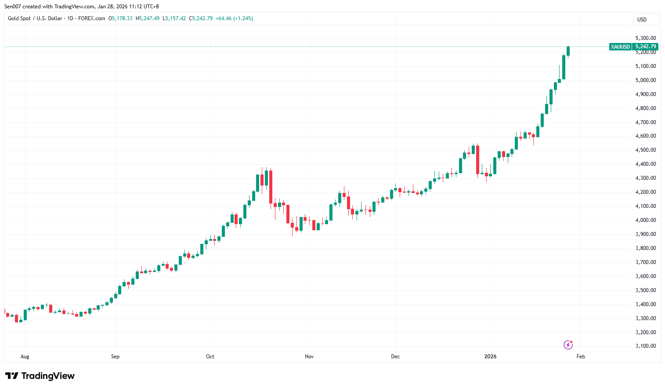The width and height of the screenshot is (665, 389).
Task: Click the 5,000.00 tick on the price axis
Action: click(645, 80)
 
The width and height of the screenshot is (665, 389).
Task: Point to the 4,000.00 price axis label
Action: click(645, 220)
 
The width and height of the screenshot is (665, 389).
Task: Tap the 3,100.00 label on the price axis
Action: click(645, 346)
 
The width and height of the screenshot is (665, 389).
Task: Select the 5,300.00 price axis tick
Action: click(645, 38)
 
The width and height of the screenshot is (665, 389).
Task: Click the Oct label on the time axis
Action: click(210, 357)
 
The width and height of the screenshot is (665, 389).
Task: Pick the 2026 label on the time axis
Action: click(490, 357)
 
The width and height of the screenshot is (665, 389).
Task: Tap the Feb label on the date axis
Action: click(581, 357)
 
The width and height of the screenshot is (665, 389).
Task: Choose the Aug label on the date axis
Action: click(25, 357)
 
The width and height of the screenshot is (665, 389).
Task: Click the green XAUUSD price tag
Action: click(620, 46)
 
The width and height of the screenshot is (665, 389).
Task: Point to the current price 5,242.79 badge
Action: click(646, 46)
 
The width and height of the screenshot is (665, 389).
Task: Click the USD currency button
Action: click(642, 19)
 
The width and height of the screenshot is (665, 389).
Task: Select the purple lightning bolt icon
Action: click(568, 345)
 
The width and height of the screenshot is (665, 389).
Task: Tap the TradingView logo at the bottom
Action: click(40, 376)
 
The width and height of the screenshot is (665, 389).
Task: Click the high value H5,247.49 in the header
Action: click(148, 18)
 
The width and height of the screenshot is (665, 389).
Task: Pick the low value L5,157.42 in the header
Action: click(174, 18)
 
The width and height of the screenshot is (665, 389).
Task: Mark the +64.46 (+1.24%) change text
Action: click(234, 18)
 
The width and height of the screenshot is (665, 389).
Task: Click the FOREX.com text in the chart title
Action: click(91, 18)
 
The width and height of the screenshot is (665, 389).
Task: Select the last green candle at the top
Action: click(568, 51)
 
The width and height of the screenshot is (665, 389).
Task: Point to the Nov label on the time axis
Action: click(309, 357)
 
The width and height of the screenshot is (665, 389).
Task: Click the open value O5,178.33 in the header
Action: click(120, 18)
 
